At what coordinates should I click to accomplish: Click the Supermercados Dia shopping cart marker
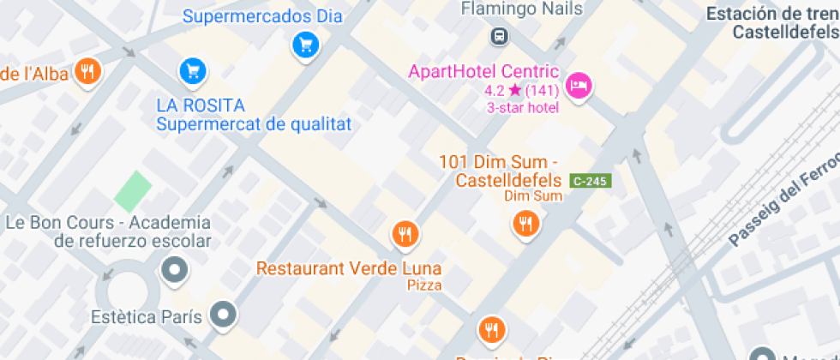[x=305, y=45]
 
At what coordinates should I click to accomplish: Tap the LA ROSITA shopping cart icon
[x=193, y=71]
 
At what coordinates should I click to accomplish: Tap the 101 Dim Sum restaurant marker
[x=525, y=224]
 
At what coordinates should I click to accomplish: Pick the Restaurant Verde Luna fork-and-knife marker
[x=405, y=233]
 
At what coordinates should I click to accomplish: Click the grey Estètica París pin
[x=224, y=314]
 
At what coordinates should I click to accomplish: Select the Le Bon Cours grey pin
[x=175, y=270]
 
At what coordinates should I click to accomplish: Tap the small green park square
[x=133, y=191]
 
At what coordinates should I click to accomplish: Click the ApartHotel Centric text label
[x=483, y=71]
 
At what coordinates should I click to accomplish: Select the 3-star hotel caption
[x=523, y=108]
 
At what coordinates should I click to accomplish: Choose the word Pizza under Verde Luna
[x=424, y=285]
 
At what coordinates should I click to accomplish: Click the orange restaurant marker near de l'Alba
[x=87, y=72]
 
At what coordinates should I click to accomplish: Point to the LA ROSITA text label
[x=201, y=105]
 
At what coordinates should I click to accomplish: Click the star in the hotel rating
[x=514, y=90]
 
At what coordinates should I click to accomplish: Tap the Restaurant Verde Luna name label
[x=350, y=268]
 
